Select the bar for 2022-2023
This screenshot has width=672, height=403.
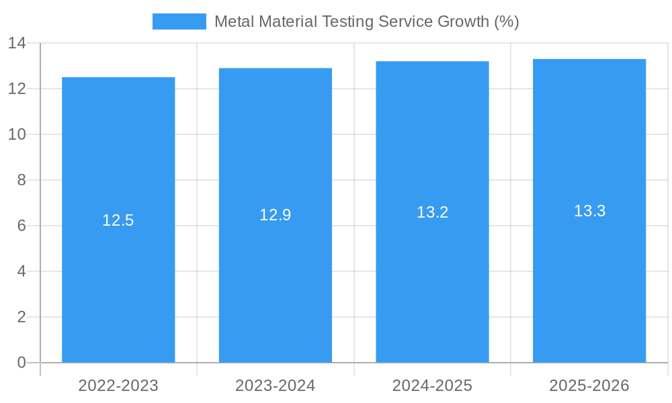(118, 282)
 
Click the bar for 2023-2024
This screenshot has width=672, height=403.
(276, 282)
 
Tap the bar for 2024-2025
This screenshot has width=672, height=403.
(432, 282)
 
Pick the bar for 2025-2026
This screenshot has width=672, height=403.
(589, 282)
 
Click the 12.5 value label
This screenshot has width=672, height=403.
(118, 220)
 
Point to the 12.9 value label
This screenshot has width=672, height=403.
(276, 215)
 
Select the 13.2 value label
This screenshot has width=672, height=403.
(432, 212)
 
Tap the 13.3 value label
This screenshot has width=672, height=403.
(589, 211)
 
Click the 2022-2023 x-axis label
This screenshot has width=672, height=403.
(118, 386)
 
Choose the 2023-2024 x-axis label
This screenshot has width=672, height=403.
(276, 386)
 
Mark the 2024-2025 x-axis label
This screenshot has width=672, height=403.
(432, 386)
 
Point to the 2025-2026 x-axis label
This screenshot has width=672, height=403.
(589, 386)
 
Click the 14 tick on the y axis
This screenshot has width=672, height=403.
(17, 43)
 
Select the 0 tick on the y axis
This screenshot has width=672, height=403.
(22, 363)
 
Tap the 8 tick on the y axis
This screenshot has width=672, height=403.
(22, 180)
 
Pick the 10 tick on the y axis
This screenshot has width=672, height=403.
(17, 134)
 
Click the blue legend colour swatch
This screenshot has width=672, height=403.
(179, 21)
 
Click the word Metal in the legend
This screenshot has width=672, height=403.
(233, 21)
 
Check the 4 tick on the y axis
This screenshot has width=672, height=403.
(22, 271)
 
